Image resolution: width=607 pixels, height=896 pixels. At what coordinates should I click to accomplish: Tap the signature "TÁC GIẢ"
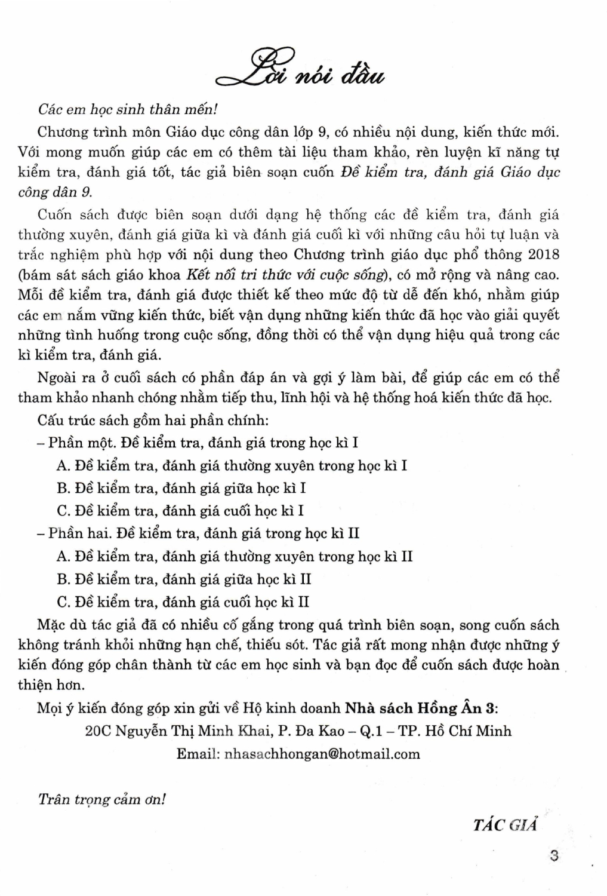(505, 825)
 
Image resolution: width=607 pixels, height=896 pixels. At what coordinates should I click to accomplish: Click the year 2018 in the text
(544, 254)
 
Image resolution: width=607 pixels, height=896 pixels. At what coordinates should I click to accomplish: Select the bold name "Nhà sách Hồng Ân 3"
(420, 708)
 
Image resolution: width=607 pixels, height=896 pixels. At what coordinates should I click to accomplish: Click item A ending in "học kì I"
(232, 466)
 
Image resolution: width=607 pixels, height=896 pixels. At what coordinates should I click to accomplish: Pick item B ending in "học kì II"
(184, 579)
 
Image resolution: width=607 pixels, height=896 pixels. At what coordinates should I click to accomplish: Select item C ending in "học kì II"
(183, 602)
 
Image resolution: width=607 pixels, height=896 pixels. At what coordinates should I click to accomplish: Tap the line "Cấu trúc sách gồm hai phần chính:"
(153, 420)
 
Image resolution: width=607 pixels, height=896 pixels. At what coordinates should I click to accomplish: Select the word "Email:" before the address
(198, 754)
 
